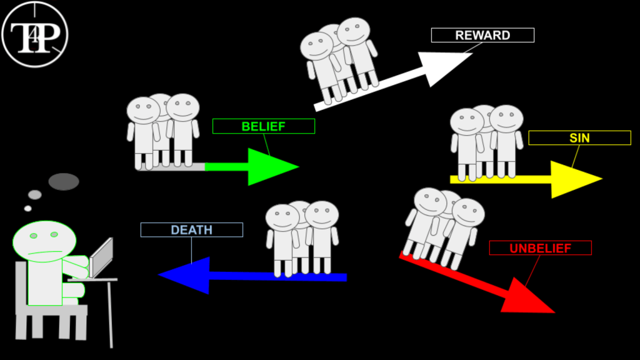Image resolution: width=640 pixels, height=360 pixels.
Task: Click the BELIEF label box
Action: pyautogui.click(x=263, y=126)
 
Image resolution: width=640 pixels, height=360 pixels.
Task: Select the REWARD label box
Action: pyautogui.click(x=482, y=35)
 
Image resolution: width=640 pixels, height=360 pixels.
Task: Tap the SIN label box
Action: pyautogui.click(x=579, y=137)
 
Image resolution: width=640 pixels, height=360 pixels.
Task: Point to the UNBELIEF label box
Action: pyautogui.click(x=540, y=248)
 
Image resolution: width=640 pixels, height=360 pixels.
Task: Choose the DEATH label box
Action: pyautogui.click(x=191, y=230)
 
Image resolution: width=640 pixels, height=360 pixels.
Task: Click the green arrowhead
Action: pyautogui.click(x=270, y=167)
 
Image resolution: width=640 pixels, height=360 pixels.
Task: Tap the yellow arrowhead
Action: pyautogui.click(x=572, y=179)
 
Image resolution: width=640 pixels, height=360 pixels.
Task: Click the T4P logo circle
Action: pyautogui.click(x=35, y=33)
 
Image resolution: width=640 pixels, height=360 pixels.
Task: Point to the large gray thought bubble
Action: pyautogui.click(x=64, y=182)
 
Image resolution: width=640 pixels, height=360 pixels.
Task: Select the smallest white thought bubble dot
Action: pyautogui.click(x=27, y=208)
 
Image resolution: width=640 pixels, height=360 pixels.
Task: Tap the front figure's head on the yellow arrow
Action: pyautogui.click(x=467, y=122)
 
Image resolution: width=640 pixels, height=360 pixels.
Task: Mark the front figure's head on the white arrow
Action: pyautogui.click(x=317, y=46)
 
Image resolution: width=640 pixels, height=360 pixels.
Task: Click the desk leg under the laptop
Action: pyautogui.click(x=110, y=312)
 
